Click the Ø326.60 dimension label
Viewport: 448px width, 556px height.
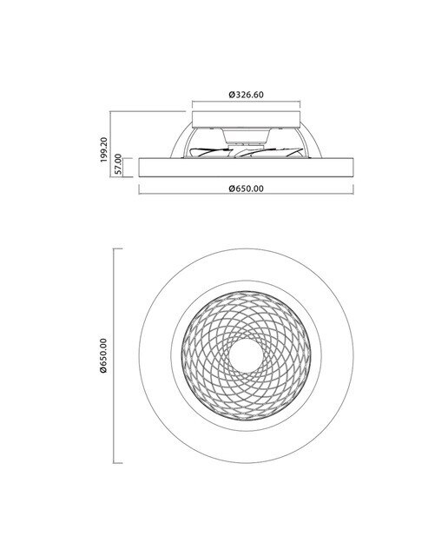(246, 95)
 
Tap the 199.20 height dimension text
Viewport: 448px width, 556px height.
(103, 149)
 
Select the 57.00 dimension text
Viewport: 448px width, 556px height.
(118, 163)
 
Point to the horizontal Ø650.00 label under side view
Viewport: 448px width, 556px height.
(246, 189)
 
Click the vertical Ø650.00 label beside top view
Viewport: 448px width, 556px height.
(103, 355)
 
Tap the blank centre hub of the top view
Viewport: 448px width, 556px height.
(246, 356)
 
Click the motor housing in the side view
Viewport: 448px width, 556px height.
(246, 136)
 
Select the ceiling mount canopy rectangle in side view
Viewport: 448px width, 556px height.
(246, 120)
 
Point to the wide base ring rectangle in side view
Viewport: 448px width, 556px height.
(246, 168)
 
